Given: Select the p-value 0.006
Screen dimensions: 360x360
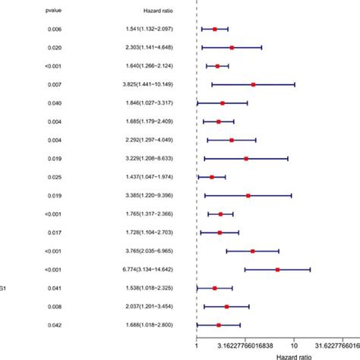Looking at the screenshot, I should (x=54, y=29).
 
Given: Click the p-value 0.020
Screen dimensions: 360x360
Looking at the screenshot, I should (x=54, y=47).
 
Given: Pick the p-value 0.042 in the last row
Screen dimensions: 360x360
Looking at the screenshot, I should (x=54, y=325).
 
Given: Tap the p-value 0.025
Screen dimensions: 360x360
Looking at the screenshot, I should (x=54, y=177).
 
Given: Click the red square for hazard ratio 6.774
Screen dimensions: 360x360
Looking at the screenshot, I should (x=277, y=270).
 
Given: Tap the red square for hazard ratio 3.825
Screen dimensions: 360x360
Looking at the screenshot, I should (x=253, y=84).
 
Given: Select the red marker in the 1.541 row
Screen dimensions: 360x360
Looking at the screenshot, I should (x=215, y=29).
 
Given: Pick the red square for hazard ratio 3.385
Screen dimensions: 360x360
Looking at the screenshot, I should (x=248, y=195).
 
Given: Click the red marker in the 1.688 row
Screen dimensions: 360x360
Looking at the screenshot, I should (x=219, y=325).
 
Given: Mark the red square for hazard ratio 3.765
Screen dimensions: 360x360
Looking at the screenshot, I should (x=253, y=251).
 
